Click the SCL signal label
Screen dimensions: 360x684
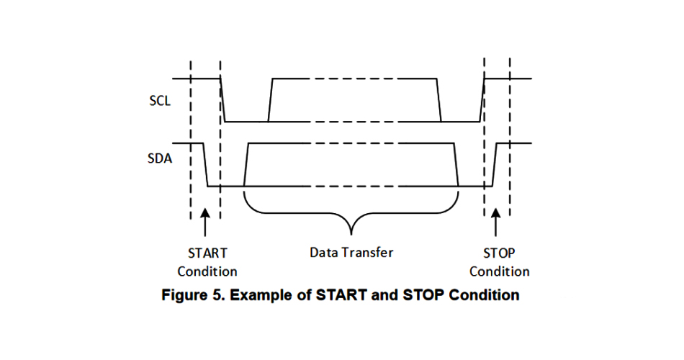click(x=160, y=101)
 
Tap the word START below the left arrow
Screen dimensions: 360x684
click(x=207, y=253)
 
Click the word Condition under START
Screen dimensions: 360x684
click(x=207, y=271)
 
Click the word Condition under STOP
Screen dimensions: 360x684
click(x=500, y=271)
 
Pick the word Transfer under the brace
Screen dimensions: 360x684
click(x=369, y=253)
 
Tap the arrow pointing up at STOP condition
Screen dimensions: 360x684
click(x=495, y=222)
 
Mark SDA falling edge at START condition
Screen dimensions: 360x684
click(x=206, y=165)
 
